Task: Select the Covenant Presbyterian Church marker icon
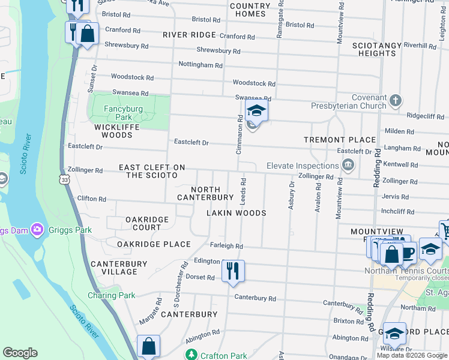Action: pos(395,101)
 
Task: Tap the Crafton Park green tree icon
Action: pos(191,355)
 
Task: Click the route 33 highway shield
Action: pos(64,179)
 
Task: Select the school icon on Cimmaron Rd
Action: pos(256,111)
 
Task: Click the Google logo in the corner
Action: pos(20,353)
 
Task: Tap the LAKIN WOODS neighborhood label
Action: pos(236,213)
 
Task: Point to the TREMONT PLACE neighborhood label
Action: pos(339,140)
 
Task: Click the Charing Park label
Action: pos(112,295)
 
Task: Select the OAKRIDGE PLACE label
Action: pos(153,244)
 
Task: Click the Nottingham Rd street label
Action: pos(200,65)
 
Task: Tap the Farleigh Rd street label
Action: pos(226,246)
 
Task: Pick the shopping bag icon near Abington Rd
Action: pos(148,346)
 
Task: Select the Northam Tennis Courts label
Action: pos(406,270)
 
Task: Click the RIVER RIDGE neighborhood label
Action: pos(189,35)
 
